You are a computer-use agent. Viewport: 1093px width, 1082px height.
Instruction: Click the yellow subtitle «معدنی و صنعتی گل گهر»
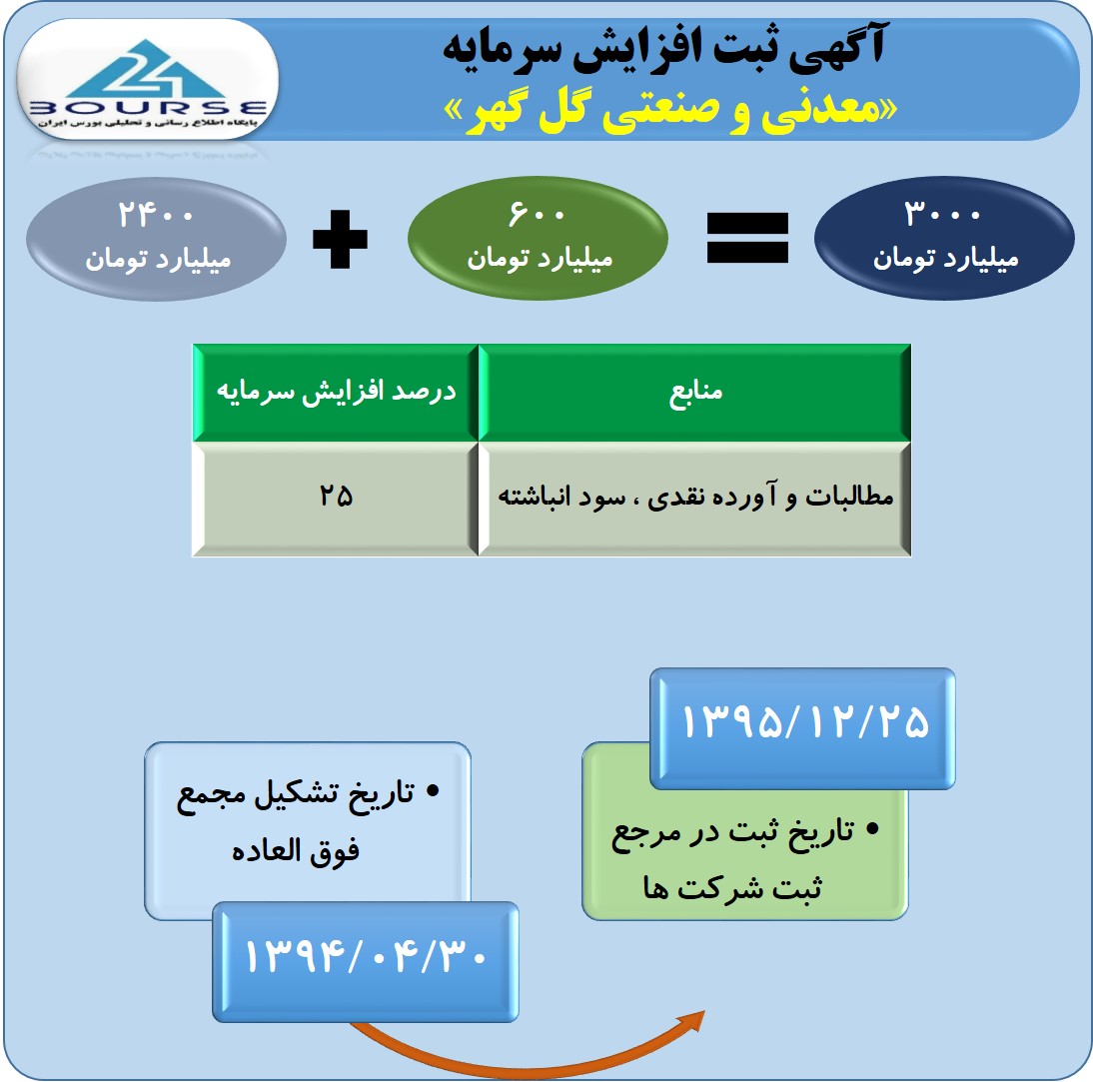click(670, 111)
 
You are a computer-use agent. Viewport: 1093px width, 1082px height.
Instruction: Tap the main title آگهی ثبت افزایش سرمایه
click(663, 47)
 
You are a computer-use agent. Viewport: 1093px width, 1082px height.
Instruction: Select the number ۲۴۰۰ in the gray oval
click(156, 214)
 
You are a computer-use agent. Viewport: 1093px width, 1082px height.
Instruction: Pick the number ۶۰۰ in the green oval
click(537, 213)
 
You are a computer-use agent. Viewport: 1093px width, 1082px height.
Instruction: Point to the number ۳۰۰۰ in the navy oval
click(942, 213)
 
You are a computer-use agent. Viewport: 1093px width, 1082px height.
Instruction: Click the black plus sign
click(340, 239)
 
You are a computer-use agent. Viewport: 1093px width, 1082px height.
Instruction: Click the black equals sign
click(747, 239)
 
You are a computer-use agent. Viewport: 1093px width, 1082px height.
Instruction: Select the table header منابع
click(695, 393)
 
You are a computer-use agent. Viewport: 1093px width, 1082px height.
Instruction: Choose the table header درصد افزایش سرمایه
click(336, 391)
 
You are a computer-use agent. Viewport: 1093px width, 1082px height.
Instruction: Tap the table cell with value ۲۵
click(336, 496)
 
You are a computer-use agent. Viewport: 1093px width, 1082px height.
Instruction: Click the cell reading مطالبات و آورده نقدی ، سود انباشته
click(695, 497)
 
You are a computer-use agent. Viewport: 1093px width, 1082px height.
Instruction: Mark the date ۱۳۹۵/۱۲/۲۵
click(804, 721)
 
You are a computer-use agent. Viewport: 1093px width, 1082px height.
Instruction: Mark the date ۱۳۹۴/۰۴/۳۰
click(366, 956)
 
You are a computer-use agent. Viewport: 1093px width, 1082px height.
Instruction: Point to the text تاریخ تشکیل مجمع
click(296, 796)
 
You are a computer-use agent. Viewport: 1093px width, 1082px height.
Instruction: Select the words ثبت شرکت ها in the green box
click(732, 888)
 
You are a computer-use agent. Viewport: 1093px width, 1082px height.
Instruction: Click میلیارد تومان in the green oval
click(540, 259)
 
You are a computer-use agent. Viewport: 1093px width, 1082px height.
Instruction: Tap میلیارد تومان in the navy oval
click(946, 259)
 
